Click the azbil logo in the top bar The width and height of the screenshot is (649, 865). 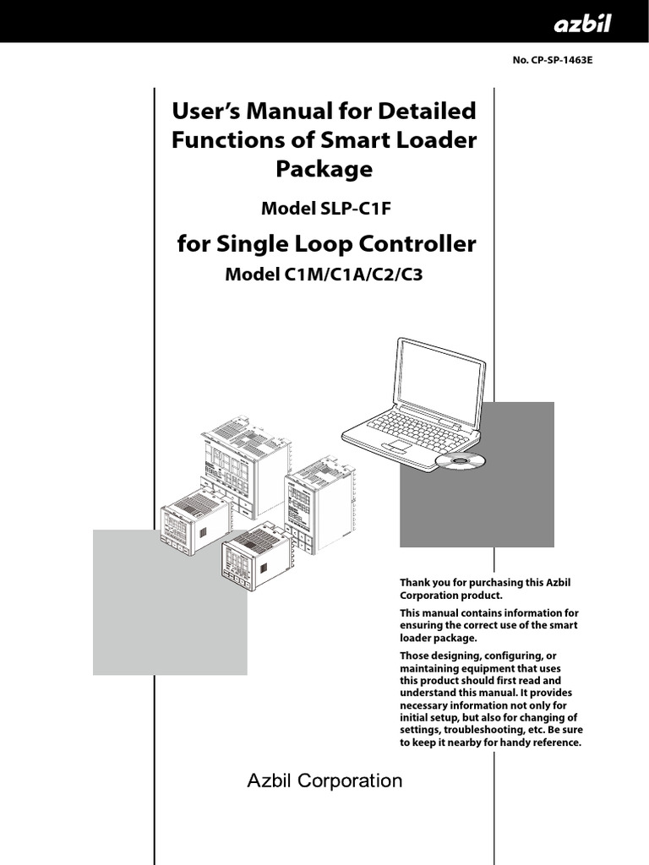[582, 24]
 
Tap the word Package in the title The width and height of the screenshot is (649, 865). [324, 169]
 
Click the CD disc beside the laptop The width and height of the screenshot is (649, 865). [463, 460]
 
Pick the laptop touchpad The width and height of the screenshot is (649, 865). [395, 444]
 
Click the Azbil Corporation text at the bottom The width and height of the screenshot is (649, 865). [324, 781]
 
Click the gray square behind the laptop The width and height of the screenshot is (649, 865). [524, 498]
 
